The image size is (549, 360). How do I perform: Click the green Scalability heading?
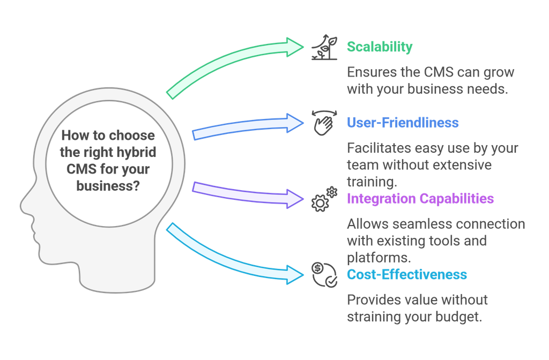[x=380, y=47]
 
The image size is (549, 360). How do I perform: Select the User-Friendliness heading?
[x=403, y=123]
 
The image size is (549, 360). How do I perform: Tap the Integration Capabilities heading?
[x=420, y=199]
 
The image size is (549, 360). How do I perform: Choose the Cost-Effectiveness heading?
[x=407, y=275]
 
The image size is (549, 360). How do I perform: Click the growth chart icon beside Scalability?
[x=324, y=47]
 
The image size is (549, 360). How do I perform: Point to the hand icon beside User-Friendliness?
[x=324, y=123]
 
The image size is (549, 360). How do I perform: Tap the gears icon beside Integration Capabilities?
[x=324, y=199]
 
